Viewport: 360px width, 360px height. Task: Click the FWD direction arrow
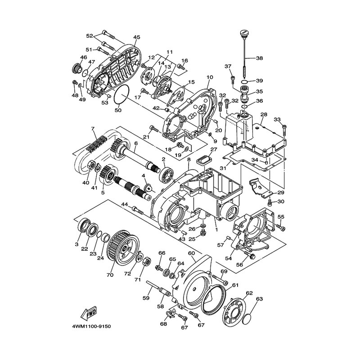tap(89, 313)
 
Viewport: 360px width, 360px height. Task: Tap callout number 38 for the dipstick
tap(260, 58)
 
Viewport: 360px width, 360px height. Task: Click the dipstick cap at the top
tap(243, 33)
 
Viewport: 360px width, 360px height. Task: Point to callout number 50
tap(118, 110)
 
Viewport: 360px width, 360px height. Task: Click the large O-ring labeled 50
tap(121, 94)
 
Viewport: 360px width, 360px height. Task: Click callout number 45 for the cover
tap(136, 37)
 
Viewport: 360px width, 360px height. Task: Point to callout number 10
tap(210, 77)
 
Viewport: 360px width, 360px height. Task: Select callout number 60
tap(191, 253)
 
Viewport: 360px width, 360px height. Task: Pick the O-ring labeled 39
tap(245, 81)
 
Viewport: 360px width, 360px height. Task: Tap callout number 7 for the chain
tap(93, 129)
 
